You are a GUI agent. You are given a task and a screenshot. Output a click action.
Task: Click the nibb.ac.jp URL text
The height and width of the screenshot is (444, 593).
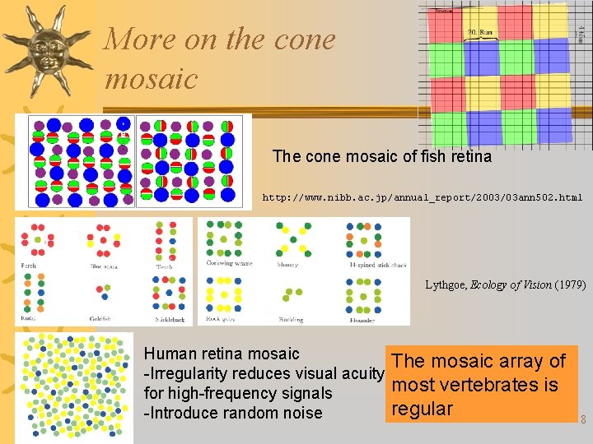coord(422,197)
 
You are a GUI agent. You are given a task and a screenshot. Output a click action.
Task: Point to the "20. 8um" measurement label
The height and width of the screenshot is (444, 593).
coord(481,32)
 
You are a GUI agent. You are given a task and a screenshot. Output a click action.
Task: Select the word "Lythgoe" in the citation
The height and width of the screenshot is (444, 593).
coord(446,285)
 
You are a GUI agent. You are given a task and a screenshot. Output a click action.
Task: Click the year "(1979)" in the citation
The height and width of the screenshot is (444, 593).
coord(570,285)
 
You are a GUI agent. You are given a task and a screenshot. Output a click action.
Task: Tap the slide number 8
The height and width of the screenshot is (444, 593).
coord(583,420)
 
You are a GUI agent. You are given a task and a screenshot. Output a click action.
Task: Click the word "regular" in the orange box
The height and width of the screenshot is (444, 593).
coord(423,409)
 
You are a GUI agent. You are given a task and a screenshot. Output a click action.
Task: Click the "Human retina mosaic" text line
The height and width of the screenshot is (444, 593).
coord(222,354)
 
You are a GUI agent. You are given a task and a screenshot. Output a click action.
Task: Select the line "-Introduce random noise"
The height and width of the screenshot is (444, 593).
coord(233,413)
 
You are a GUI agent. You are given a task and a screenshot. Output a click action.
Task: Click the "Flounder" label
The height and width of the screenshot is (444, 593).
coord(362,320)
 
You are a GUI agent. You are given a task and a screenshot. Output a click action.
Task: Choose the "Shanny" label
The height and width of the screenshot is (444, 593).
coord(287,264)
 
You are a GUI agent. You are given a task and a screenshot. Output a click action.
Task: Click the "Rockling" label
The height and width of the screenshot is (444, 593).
coord(289,320)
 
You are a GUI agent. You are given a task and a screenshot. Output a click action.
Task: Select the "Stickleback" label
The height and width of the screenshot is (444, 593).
coord(168,318)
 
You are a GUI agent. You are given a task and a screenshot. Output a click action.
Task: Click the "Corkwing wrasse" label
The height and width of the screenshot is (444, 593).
coord(229,263)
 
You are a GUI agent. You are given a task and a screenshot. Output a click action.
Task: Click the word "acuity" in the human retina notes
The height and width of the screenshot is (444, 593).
coord(359,373)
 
